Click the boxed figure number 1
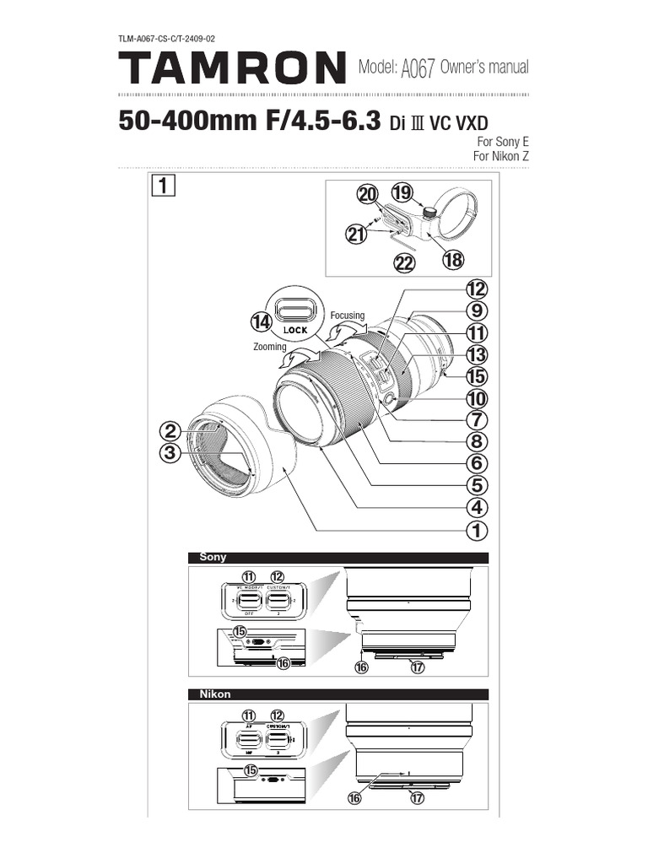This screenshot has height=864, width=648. pyautogui.click(x=164, y=185)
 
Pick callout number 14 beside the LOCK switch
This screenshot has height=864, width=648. pyautogui.click(x=261, y=321)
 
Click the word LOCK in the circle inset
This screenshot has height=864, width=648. pyautogui.click(x=295, y=330)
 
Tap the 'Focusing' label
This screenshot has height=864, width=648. pyautogui.click(x=347, y=316)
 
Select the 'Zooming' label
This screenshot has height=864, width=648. pyautogui.click(x=271, y=346)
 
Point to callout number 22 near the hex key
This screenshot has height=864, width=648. pyautogui.click(x=405, y=263)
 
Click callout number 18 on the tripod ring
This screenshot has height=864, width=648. pyautogui.click(x=453, y=260)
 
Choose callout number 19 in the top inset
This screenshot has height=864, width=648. pyautogui.click(x=402, y=193)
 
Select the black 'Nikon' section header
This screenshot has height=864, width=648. pyautogui.click(x=214, y=694)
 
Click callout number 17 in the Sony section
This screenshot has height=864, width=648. pyautogui.click(x=416, y=667)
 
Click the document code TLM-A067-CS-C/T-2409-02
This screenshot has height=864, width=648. pyautogui.click(x=172, y=39)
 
